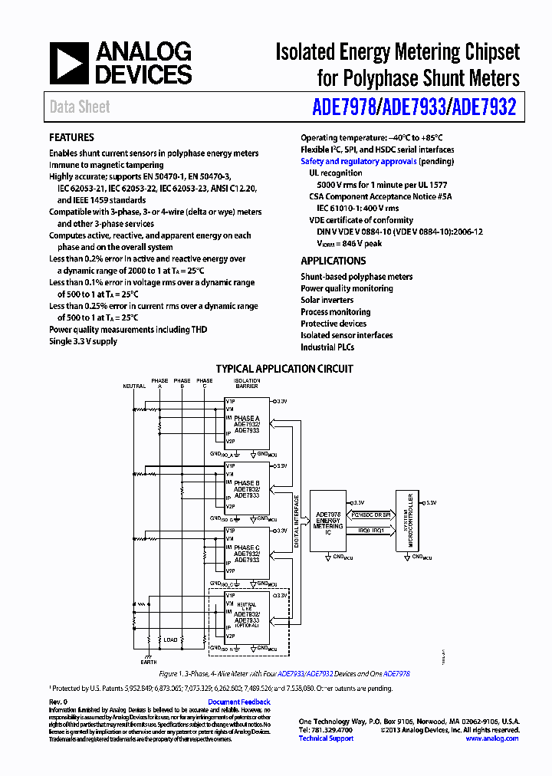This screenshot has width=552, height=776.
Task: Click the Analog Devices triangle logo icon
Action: pyautogui.click(x=69, y=62)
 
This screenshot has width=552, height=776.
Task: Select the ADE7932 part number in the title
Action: pyautogui.click(x=484, y=107)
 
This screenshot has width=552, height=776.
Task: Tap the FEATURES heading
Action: pyautogui.click(x=72, y=138)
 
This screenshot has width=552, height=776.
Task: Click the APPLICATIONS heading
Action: pyautogui.click(x=333, y=261)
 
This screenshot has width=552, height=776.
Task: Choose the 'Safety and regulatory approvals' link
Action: pyautogui.click(x=359, y=162)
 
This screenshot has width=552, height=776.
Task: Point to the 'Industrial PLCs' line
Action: pyautogui.click(x=327, y=347)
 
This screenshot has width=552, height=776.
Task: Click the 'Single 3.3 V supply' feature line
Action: pyautogui.click(x=83, y=341)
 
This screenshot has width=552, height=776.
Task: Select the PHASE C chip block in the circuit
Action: pyautogui.click(x=247, y=553)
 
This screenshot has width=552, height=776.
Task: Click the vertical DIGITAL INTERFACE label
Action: pyautogui.click(x=297, y=521)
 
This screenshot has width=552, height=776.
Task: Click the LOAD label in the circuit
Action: pyautogui.click(x=170, y=639)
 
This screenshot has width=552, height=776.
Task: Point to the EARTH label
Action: pyautogui.click(x=149, y=661)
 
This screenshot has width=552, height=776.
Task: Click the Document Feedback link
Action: pyautogui.click(x=239, y=702)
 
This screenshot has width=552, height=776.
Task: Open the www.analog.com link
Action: pyautogui.click(x=491, y=738)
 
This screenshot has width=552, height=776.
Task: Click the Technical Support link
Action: pyautogui.click(x=326, y=738)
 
